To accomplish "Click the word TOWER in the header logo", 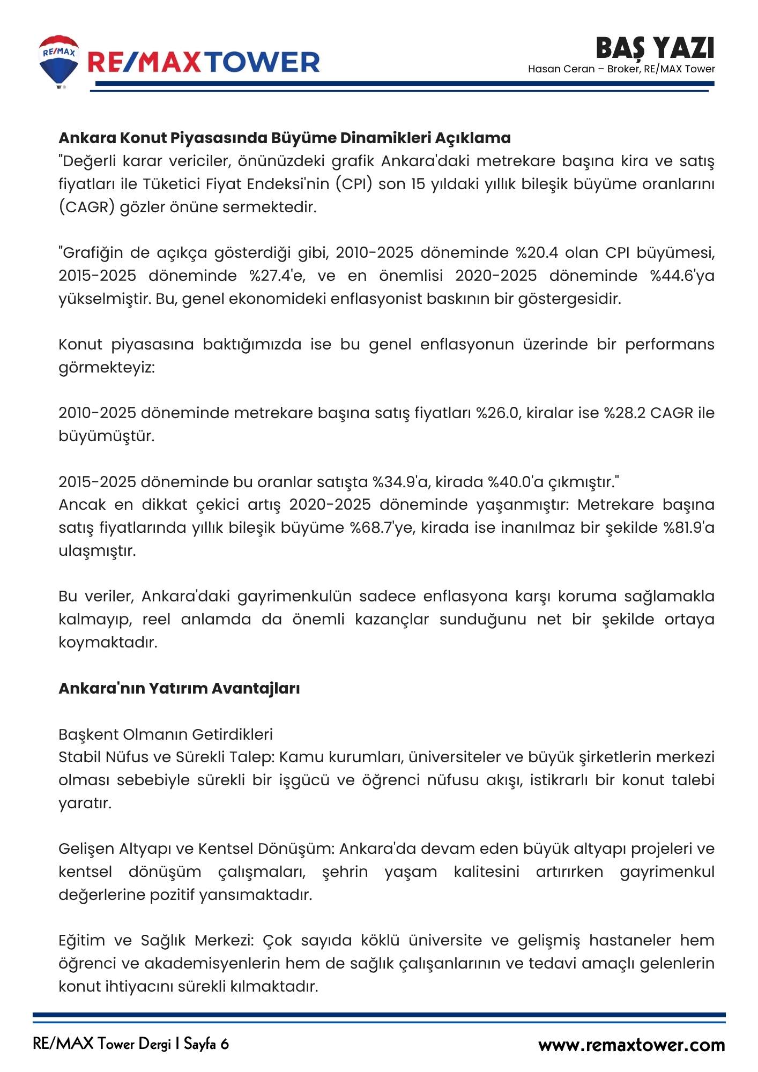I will pos(263,62).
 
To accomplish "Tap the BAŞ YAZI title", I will pos(655,48).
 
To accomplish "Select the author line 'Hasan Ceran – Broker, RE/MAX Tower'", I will pos(621,69).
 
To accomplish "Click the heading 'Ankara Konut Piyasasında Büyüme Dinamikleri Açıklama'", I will pos(284,138).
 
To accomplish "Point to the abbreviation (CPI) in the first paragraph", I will pos(354,184).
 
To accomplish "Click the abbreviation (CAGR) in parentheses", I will pos(87,207).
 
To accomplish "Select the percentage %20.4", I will pos(538,252).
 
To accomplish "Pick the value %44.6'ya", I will pos(682,276).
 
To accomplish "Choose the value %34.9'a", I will pos(401,482).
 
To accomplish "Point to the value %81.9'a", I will pos(689,527).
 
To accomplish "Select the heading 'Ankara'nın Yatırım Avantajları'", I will pos(179,688).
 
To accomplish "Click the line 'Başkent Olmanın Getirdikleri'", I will pos(166,734).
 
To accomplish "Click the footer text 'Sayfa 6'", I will pos(206,1044).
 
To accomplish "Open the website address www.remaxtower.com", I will pos(631,1045).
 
